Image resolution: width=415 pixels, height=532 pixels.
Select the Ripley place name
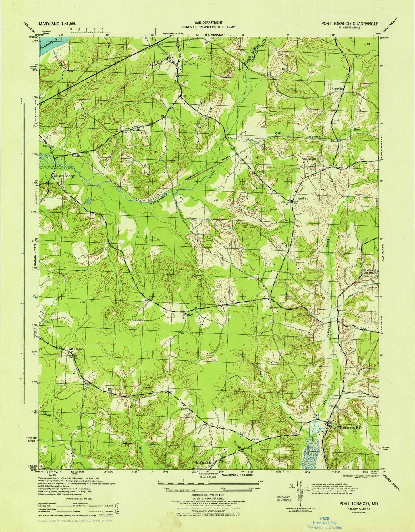coord(190,315)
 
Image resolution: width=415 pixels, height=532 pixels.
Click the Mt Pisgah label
coord(76,349)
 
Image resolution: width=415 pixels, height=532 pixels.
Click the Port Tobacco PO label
coord(345,427)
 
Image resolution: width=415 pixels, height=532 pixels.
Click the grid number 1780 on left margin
coord(35,41)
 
